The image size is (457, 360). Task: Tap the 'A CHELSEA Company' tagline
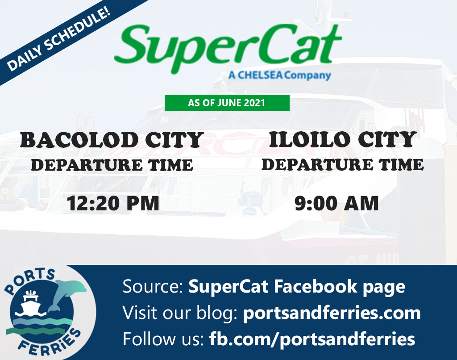pos(279,75)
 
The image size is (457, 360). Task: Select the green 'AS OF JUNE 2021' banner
pos(227,103)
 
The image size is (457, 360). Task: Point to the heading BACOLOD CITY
pos(112,140)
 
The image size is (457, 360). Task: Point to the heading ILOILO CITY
pos(342,139)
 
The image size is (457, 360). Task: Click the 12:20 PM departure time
pos(113,203)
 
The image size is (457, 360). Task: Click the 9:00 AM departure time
pos(337,203)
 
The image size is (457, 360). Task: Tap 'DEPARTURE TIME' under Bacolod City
pos(112,165)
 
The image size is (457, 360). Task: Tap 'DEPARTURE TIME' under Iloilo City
pos(342,164)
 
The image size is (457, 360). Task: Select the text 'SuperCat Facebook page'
pos(297,286)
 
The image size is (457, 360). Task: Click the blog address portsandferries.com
pos(332,313)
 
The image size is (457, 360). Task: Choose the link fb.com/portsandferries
pos(312,339)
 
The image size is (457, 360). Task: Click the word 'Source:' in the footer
pos(153,286)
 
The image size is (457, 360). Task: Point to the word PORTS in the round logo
pos(29,280)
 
